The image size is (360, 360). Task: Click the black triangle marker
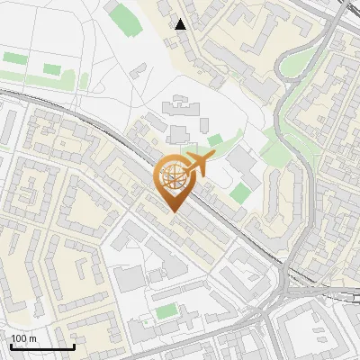pyautogui.click(x=181, y=24)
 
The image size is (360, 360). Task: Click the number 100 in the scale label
pyautogui.click(x=18, y=338)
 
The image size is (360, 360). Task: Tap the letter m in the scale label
pyautogui.click(x=32, y=338)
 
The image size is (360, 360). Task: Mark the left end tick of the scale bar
pyautogui.click(x=10, y=346)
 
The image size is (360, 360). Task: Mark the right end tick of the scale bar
pyautogui.click(x=74, y=346)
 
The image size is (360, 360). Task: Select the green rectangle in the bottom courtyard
pyautogui.click(x=166, y=312)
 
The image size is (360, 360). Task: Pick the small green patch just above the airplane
pyautogui.click(x=214, y=140)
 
